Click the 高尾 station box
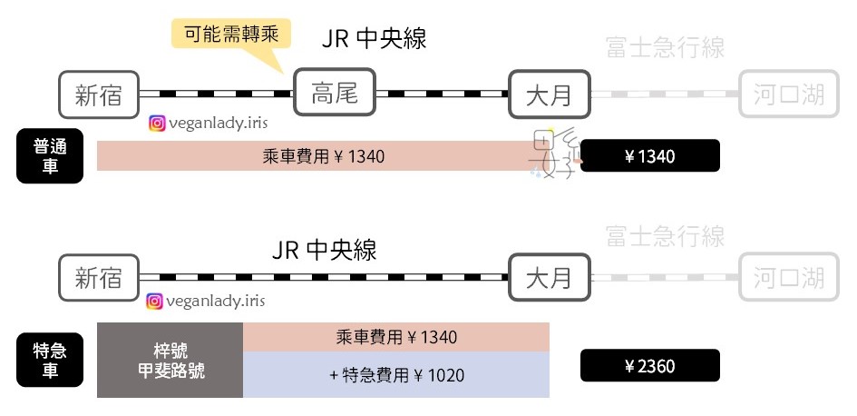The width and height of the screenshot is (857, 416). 335,93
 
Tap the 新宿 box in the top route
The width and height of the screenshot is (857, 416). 99,94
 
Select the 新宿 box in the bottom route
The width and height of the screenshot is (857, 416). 99,277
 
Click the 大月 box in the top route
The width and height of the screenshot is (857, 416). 550,94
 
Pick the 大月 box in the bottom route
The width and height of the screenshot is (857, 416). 550,277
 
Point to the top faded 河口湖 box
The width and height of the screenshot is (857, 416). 783,94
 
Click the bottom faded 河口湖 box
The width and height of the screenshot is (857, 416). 783,277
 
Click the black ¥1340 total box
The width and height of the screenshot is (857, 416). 649,156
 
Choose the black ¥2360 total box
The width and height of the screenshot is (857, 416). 649,366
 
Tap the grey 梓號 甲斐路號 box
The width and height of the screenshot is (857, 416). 170,360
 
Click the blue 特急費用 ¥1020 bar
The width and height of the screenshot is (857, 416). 396,374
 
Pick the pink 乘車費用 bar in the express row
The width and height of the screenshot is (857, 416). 396,337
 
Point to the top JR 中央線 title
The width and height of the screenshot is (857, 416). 374,39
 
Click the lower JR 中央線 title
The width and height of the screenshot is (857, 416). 324,250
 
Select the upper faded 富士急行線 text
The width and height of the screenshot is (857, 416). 665,48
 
